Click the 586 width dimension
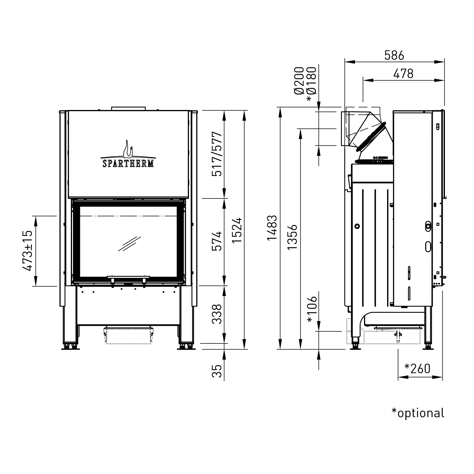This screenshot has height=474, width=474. point(394,56)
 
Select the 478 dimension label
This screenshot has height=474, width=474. point(403,74)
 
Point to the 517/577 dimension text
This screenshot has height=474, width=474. point(217,154)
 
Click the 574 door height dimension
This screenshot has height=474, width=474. point(217,241)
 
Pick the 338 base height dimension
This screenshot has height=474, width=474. point(217,314)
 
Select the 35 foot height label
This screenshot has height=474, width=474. point(217,372)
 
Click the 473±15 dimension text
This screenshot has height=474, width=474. point(27,251)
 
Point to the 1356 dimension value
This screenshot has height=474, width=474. point(292,237)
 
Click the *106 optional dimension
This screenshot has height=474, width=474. point(312,310)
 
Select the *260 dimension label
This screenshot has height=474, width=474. point(417,368)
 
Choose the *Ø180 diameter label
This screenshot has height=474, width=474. point(311,84)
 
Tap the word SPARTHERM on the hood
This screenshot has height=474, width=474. point(128,163)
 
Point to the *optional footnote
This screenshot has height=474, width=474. point(418,413)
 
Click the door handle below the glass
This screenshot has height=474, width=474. point(128,278)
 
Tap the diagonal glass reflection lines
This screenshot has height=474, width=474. point(129,244)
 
